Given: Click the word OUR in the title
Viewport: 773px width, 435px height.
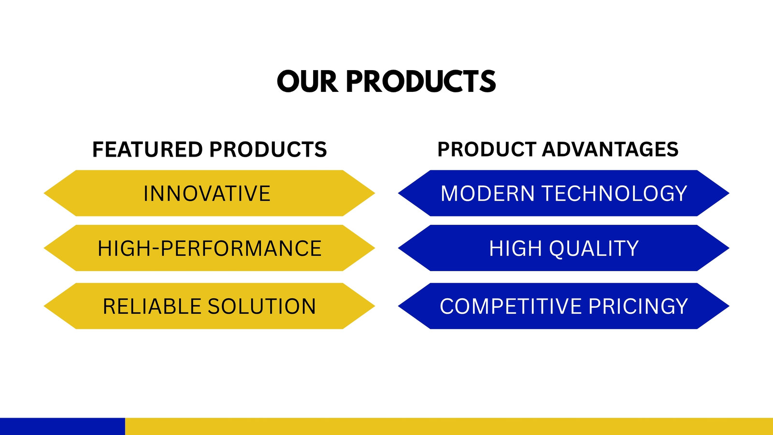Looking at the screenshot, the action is click(x=307, y=81).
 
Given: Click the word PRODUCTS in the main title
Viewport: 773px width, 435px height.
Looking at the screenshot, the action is click(x=421, y=81).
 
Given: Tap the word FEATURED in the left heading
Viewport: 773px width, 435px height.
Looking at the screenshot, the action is click(x=147, y=149).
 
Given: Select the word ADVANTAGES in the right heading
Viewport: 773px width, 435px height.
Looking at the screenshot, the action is click(x=610, y=149).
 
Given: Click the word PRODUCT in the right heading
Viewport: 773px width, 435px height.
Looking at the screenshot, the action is click(x=487, y=149).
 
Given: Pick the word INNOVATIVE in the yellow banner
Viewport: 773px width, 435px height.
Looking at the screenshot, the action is click(x=207, y=193).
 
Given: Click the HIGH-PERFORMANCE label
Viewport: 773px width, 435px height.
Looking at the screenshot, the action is click(x=210, y=248).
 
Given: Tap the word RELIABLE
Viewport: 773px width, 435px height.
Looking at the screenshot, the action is click(x=152, y=306).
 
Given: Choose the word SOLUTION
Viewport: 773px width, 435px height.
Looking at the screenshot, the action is click(x=261, y=306).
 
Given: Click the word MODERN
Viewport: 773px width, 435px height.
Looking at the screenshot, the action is click(x=488, y=193).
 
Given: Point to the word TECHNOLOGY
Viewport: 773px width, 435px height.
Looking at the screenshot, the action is click(x=615, y=193).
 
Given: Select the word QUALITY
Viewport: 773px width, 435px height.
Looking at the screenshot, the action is click(x=594, y=248).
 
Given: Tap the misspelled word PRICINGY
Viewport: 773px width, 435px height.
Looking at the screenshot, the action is click(x=638, y=306).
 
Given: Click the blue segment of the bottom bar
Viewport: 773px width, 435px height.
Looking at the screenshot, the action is click(x=62, y=426).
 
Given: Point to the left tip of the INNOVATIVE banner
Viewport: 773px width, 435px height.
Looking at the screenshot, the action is click(x=44, y=193).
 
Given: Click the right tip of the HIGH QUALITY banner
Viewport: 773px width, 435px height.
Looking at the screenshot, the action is click(x=729, y=248).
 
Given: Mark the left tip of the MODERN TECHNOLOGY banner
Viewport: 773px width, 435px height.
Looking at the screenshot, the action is click(x=399, y=193).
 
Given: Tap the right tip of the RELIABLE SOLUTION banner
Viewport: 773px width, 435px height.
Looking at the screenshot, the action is click(x=374, y=306).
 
